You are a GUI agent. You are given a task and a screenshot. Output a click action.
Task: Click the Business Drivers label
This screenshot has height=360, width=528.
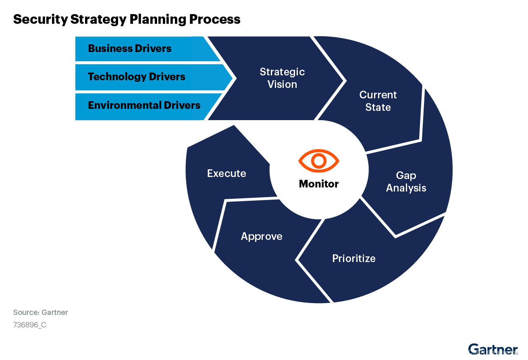point(130,48)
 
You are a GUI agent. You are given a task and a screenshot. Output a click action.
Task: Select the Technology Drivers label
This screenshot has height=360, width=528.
point(137,77)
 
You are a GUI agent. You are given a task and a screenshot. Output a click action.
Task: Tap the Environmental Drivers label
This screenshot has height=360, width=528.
point(144,105)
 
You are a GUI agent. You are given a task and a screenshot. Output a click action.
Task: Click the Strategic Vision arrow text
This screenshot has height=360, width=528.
point(282,78)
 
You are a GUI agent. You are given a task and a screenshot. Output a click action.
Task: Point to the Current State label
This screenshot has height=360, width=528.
point(378,101)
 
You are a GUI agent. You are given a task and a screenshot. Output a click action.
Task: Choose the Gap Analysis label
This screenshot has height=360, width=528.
point(406,181)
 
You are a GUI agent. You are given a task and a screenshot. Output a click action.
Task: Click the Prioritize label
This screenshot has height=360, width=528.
point(354,258)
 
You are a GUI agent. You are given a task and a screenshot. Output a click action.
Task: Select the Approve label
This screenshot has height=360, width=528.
point(262,236)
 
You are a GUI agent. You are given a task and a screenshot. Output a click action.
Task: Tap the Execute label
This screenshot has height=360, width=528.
point(227,173)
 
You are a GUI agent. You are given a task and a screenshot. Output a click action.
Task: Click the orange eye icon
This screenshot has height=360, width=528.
point(319,161)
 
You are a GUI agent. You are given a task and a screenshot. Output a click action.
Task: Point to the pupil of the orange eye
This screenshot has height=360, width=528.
point(319,161)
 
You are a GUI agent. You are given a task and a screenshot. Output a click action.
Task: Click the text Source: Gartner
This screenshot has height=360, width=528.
point(40,312)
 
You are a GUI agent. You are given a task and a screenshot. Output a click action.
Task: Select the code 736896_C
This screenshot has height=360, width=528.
point(30,325)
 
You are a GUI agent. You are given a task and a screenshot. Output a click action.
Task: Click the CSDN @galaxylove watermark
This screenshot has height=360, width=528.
point(495,352)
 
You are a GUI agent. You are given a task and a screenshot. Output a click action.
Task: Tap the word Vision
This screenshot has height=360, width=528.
point(282,84)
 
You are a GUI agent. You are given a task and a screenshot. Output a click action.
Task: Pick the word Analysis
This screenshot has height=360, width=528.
point(406,188)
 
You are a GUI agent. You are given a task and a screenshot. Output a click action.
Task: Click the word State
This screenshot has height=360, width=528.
point(378,107)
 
